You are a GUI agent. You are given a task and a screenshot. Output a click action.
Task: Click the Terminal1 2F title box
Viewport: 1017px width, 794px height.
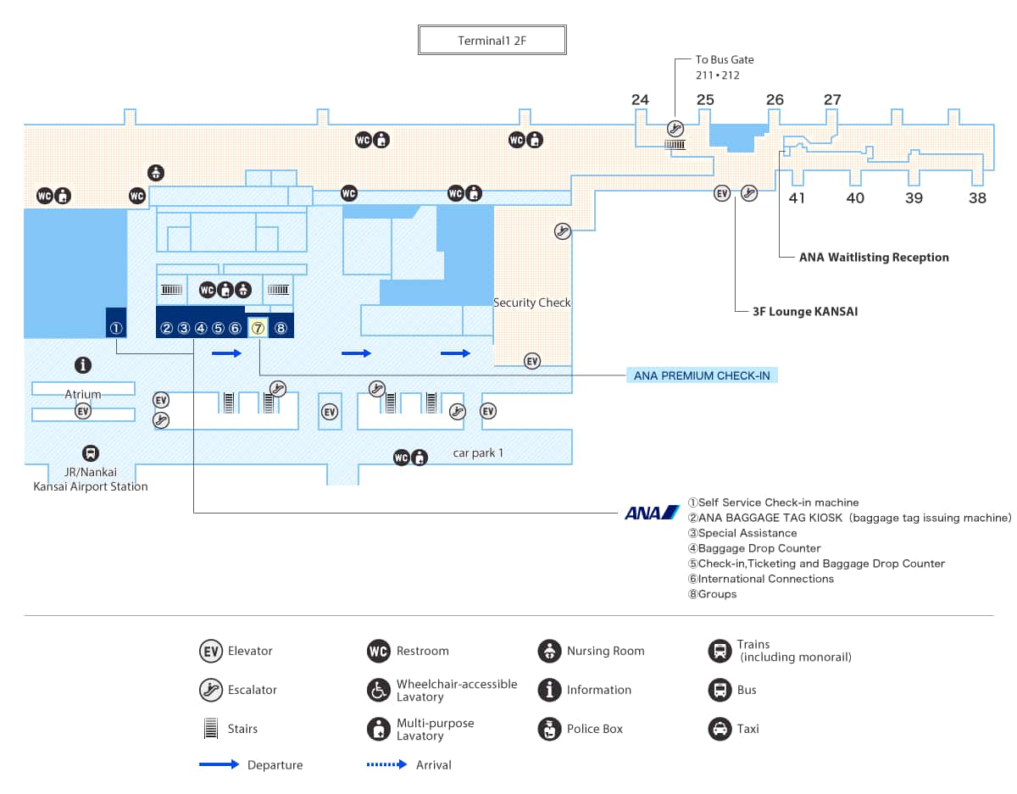click(x=492, y=41)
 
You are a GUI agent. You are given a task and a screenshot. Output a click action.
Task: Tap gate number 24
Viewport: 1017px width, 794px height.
click(x=640, y=100)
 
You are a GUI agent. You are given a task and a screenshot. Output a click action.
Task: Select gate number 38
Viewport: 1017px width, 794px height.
click(x=978, y=198)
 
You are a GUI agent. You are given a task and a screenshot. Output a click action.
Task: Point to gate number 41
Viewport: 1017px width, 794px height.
click(x=797, y=198)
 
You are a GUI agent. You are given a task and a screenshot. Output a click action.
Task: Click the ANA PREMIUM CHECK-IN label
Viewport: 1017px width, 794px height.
click(x=702, y=375)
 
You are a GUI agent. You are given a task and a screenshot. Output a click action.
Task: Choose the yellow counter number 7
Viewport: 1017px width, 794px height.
click(x=258, y=328)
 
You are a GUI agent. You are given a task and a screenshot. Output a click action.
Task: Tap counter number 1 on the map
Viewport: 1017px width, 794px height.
click(x=117, y=328)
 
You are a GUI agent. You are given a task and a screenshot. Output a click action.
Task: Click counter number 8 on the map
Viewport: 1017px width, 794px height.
click(x=281, y=328)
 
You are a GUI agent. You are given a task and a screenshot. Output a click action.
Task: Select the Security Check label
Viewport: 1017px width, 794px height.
click(x=532, y=303)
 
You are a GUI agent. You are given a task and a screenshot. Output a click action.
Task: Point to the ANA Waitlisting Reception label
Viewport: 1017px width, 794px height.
click(x=874, y=258)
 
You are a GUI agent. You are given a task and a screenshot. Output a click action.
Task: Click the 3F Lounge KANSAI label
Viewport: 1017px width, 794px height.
click(x=805, y=312)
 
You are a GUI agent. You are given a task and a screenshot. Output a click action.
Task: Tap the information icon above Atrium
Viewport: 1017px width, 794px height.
click(x=83, y=365)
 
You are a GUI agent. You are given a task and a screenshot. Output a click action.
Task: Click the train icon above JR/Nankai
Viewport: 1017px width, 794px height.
click(x=90, y=453)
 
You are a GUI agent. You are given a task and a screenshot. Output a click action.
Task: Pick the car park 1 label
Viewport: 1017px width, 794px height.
click(x=478, y=453)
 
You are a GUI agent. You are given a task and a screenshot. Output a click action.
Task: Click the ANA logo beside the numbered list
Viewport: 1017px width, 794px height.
click(x=652, y=513)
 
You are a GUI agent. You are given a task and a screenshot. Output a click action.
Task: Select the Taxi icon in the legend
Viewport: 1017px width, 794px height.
click(x=720, y=729)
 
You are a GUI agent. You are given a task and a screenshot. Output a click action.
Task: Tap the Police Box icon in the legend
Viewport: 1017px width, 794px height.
click(x=549, y=729)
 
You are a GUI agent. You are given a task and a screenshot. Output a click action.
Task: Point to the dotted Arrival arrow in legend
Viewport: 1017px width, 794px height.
click(x=387, y=764)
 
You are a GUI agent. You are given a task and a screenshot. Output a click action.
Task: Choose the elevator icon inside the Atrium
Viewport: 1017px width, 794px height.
click(x=83, y=411)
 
